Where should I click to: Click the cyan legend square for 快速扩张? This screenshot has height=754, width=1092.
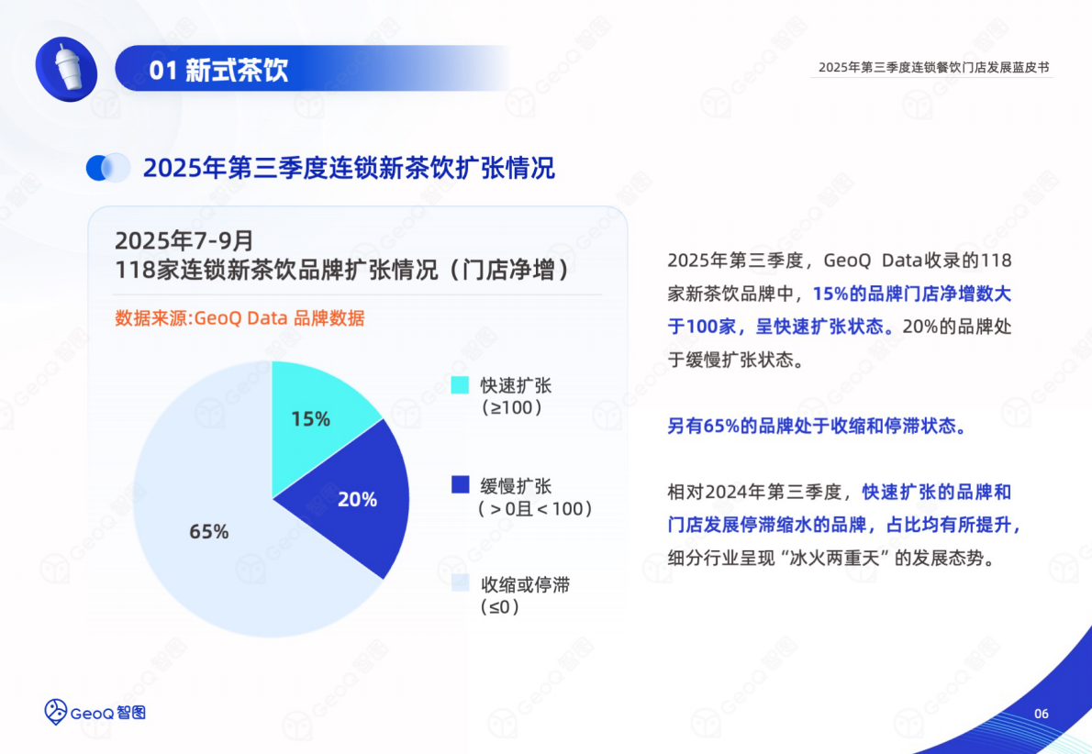click(461, 385)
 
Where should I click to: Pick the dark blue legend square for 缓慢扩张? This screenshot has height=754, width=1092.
click(461, 485)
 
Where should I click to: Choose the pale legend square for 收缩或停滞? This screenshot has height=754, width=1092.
click(461, 584)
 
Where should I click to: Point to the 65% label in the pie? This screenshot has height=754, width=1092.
click(208, 531)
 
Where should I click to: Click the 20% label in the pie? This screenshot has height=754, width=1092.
click(357, 499)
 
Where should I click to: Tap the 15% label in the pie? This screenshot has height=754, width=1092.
click(310, 419)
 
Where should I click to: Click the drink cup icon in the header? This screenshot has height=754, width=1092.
click(66, 69)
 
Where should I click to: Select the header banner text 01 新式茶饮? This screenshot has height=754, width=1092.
click(218, 71)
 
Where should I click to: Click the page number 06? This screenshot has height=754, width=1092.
click(1041, 715)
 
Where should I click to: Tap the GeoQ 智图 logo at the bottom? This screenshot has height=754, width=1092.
click(95, 711)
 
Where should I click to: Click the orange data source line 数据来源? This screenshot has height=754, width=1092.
click(240, 318)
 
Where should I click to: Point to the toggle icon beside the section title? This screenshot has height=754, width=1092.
click(108, 167)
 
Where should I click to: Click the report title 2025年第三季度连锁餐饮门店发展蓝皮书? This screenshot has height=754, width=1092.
click(932, 67)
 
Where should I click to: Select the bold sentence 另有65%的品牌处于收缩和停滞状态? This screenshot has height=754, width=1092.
click(816, 426)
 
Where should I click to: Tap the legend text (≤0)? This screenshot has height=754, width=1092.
click(500, 606)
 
